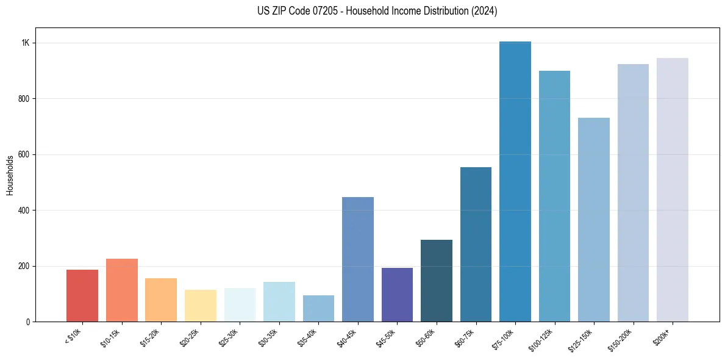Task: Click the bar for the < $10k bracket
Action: pos(82,296)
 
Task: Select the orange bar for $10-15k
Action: pos(121,290)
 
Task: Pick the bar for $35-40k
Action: pos(318,309)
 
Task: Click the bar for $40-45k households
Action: pos(358,259)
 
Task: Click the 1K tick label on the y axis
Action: pos(26,43)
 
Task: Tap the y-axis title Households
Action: pos(10,175)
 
